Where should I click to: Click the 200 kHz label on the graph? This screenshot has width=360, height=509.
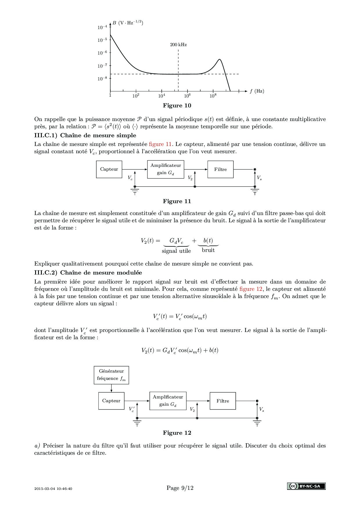tap(178, 45)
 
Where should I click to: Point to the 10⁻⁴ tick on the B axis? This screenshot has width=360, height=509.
tap(102, 28)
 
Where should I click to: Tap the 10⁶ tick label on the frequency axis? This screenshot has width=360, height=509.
tap(187, 96)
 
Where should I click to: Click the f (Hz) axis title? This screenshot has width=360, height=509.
tap(257, 91)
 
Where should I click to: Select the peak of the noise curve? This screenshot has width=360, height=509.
tap(219, 59)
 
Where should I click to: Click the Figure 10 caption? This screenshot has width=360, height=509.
tap(177, 105)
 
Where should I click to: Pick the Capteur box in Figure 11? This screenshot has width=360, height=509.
tap(109, 169)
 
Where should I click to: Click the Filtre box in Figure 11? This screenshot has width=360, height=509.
tap(220, 169)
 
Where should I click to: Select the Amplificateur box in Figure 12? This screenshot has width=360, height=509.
tap(168, 401)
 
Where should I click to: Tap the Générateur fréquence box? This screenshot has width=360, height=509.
tap(111, 375)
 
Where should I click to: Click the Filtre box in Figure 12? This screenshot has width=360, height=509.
tap(223, 401)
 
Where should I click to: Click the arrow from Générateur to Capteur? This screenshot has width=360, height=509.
tap(111, 388)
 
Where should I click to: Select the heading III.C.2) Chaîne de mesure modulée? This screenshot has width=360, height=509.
tap(88, 272)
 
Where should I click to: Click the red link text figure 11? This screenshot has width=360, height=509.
tap(160, 144)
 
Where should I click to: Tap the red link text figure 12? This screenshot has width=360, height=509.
tap(251, 289)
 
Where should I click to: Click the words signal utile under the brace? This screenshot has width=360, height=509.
tap(176, 251)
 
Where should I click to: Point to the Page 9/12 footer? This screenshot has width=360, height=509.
tap(180, 488)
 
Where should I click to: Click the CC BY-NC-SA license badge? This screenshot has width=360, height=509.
tap(306, 486)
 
